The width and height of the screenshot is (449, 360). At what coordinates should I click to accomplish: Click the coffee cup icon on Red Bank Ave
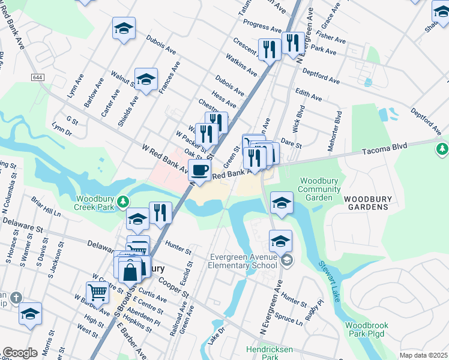coord(199,170)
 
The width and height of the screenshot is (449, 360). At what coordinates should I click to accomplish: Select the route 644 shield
coord(37,77)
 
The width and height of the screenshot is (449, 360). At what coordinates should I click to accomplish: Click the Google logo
coord(20,353)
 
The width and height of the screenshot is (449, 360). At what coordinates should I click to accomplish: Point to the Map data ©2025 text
coord(423,355)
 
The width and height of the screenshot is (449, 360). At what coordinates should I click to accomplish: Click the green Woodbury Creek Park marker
coord(123,200)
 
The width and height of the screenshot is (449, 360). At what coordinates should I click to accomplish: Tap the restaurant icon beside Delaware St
coord(160,212)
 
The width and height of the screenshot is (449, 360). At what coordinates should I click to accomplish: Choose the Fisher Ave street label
coord(331,38)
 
